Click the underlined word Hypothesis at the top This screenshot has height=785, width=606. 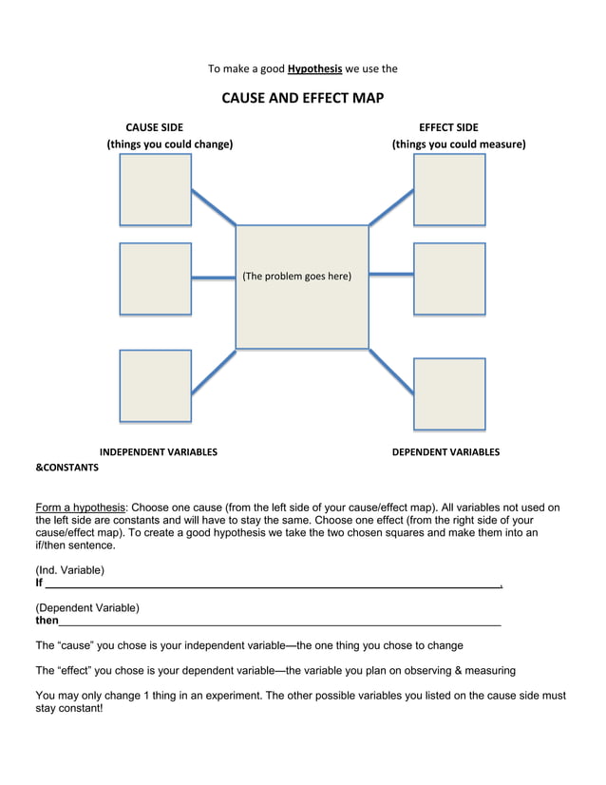coord(314,68)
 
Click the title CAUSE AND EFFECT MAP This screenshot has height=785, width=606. coord(303,98)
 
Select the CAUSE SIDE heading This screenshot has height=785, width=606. coord(155,127)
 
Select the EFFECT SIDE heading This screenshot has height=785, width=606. coord(448,127)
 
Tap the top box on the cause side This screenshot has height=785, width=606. coord(155,189)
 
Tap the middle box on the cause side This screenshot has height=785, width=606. coord(155,278)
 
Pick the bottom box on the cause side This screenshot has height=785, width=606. coord(155,385)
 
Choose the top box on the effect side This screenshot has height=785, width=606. coord(449,189)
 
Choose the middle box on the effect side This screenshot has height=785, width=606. coord(449,278)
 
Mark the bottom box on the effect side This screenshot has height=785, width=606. coord(449,393)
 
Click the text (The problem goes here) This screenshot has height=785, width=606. coord(296,277)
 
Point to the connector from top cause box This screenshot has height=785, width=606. coord(214,207)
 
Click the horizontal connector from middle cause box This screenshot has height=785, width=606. coord(214,278)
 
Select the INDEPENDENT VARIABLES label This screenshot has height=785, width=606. coord(159,452)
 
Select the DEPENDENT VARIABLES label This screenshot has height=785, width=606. coord(445,452)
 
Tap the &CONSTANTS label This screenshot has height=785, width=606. coord(66,468)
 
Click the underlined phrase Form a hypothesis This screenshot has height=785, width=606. coord(80,507)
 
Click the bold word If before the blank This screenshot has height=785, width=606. coord(39,583)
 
